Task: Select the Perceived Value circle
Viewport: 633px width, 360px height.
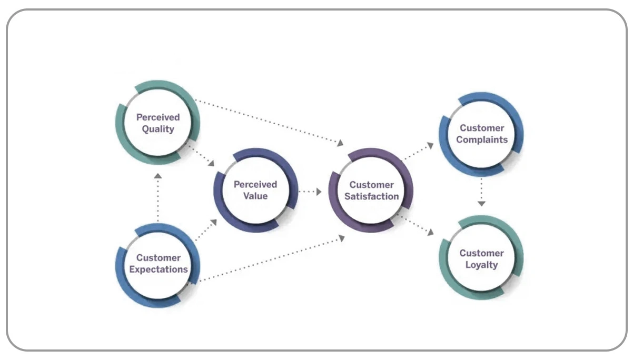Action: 255,191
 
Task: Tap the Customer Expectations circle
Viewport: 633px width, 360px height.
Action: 158,264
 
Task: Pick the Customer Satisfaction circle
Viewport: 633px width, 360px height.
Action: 371,191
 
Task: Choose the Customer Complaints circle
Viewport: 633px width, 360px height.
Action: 481,134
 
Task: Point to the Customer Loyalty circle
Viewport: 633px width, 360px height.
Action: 481,258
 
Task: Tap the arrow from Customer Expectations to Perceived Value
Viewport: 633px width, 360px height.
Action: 205,231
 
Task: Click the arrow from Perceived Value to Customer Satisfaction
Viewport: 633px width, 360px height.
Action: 310,192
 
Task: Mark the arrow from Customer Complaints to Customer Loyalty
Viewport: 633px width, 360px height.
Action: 481,193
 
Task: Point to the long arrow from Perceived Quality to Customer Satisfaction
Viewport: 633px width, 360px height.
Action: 269,122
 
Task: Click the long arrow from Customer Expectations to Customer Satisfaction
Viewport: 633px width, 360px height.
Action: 271,259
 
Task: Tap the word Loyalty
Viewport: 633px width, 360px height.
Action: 481,265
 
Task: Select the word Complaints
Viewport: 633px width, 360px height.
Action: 482,140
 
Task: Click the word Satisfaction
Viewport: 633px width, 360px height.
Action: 371,197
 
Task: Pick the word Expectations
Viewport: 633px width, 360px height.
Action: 159,269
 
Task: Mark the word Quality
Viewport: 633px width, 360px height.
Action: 158,129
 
